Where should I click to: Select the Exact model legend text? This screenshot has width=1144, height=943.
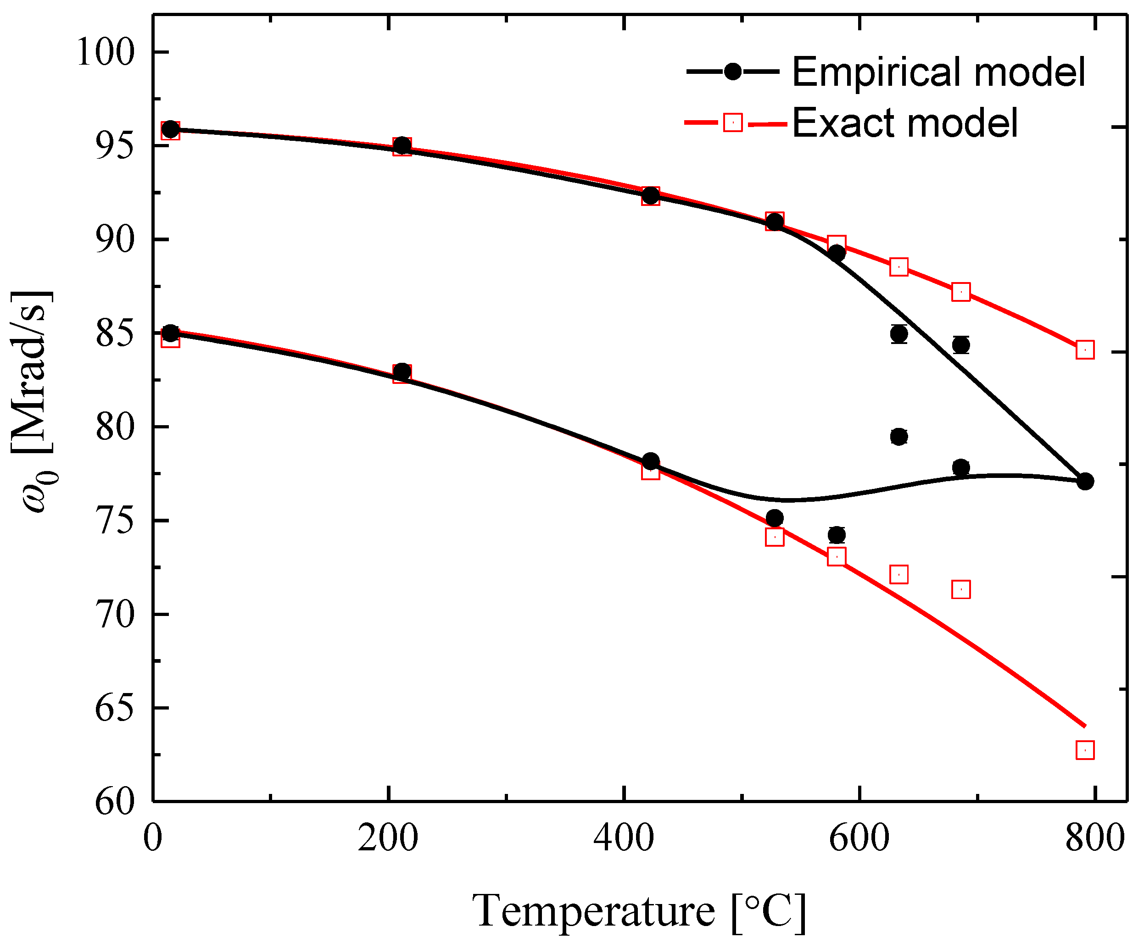[905, 123]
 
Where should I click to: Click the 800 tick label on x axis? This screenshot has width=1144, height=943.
[1094, 838]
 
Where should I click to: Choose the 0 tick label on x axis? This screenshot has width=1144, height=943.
[153, 838]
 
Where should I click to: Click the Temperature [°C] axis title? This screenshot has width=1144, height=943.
[639, 911]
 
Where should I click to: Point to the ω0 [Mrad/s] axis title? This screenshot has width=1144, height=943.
[33, 402]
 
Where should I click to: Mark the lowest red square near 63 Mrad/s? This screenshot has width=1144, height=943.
[1085, 750]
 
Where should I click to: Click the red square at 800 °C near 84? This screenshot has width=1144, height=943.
[1085, 350]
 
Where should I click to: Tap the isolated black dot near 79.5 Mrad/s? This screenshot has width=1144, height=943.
[899, 437]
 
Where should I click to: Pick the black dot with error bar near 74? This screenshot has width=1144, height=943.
[837, 535]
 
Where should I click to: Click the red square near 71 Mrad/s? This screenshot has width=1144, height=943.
[961, 589]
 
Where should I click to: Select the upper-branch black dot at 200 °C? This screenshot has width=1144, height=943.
[402, 145]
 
